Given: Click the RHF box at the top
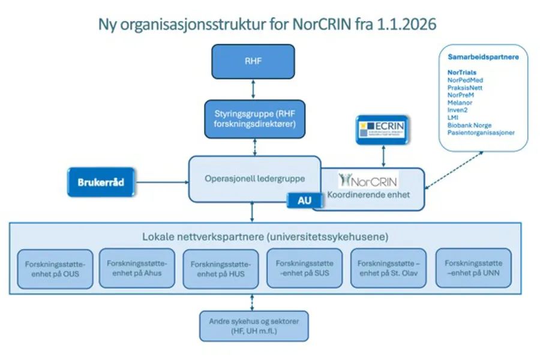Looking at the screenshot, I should pyautogui.click(x=253, y=61).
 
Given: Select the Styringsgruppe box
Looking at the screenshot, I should pyautogui.click(x=253, y=118).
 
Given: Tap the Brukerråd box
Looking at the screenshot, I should pyautogui.click(x=100, y=182).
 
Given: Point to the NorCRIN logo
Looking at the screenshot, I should pyautogui.click(x=368, y=180).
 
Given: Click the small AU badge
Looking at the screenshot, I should pyautogui.click(x=304, y=201).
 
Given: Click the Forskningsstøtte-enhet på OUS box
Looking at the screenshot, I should pyautogui.click(x=55, y=269).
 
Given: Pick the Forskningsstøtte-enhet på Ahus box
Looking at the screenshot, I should pyautogui.click(x=136, y=268).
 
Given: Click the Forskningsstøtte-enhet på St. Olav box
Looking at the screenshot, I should pyautogui.click(x=388, y=268).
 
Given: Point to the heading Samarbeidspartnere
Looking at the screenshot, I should pyautogui.click(x=483, y=58).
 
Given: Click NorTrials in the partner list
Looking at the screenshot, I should pyautogui.click(x=462, y=73).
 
